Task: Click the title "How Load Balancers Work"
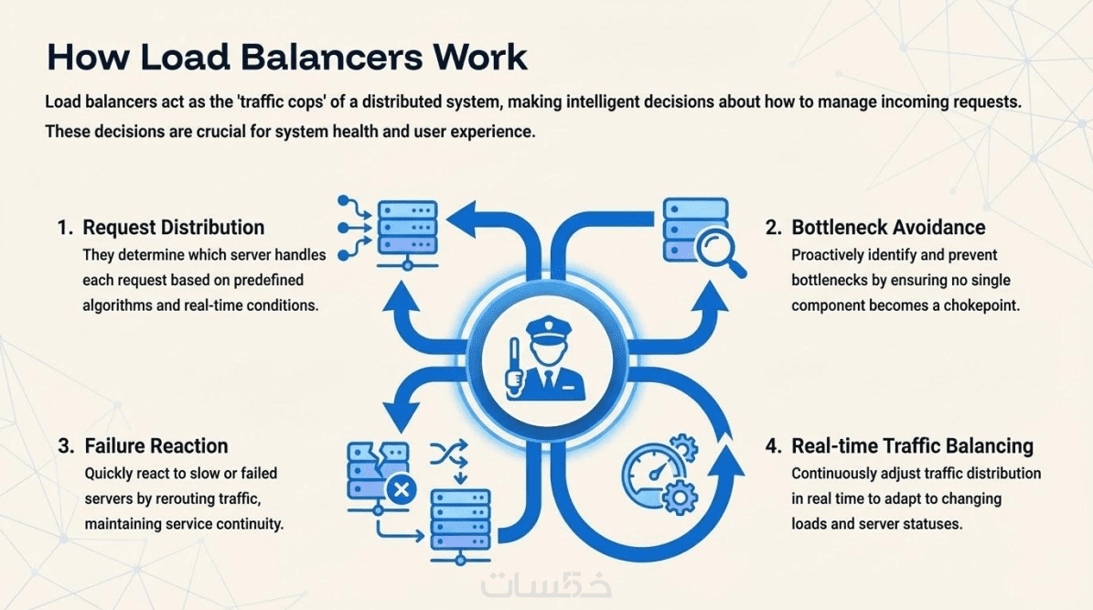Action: tap(286, 57)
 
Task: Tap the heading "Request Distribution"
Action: tap(173, 227)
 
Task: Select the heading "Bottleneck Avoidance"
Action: tap(888, 227)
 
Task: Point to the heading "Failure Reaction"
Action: tap(155, 446)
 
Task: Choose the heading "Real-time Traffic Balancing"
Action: tap(912, 446)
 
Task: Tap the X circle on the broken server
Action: tap(400, 489)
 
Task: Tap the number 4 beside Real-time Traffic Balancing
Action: tap(773, 446)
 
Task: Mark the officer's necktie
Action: tap(546, 378)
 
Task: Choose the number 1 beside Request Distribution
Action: tap(64, 227)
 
